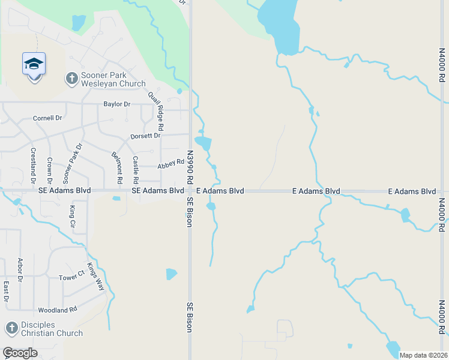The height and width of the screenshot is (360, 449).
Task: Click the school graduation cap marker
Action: [34, 64]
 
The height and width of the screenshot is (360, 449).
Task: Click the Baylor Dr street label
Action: [116, 104]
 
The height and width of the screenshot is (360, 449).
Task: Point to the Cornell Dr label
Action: [47, 118]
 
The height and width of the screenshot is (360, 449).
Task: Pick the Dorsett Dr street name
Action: [145, 136]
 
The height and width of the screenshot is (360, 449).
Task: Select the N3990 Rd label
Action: [190, 167]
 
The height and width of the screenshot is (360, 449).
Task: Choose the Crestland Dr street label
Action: [32, 166]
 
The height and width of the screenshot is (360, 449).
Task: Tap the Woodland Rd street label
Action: [58, 310]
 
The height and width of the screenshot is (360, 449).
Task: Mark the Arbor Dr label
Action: [20, 269]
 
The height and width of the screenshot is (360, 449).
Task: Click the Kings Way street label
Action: [95, 277]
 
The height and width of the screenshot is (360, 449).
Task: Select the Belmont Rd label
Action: [118, 167]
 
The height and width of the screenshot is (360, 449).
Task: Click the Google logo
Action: [20, 353]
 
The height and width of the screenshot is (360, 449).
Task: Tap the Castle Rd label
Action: [136, 170]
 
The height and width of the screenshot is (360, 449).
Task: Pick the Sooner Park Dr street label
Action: [72, 164]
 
